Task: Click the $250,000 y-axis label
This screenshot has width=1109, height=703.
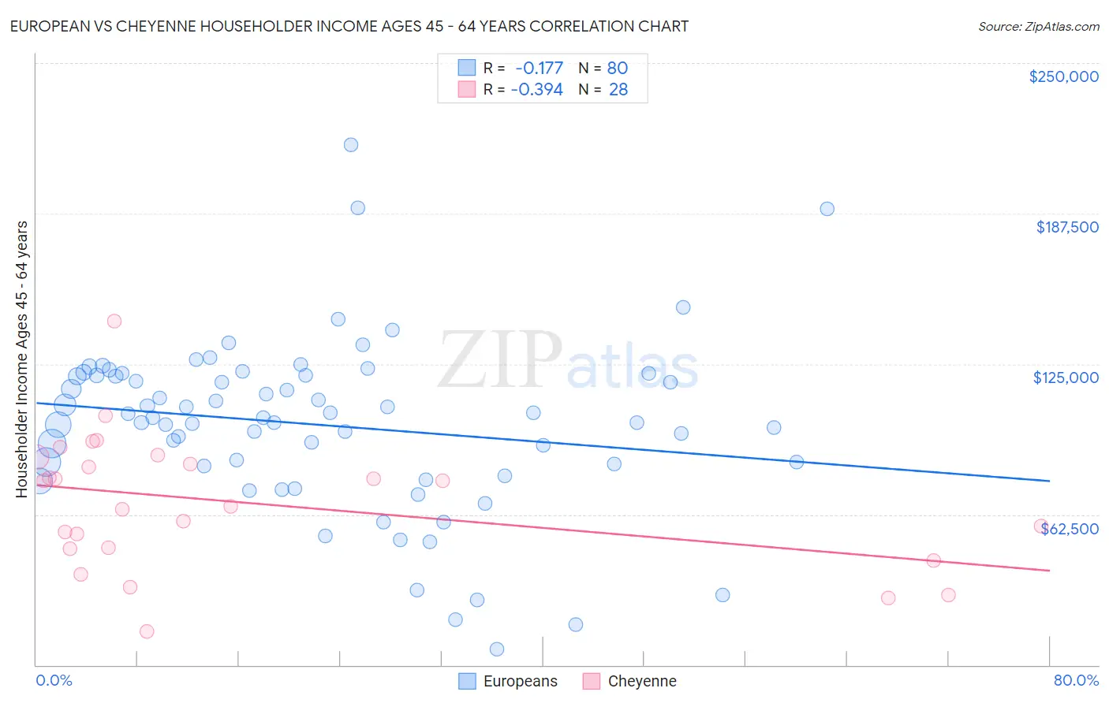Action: [x=1063, y=76]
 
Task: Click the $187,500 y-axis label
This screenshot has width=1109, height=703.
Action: [x=1066, y=227]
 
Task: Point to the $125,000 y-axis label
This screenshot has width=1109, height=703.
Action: [x=1066, y=378]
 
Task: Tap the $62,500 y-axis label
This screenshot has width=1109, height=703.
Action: [x=1070, y=529]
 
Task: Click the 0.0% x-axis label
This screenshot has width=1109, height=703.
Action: [x=54, y=680]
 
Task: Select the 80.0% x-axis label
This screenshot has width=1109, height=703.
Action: [x=1076, y=680]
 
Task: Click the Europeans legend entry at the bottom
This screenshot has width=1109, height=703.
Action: [x=519, y=681]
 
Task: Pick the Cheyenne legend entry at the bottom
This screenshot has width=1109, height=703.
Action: [x=641, y=681]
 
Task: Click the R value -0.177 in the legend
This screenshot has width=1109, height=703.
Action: [x=539, y=69]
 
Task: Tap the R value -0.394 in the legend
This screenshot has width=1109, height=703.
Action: [x=536, y=90]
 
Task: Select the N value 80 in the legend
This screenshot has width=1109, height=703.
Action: [x=617, y=69]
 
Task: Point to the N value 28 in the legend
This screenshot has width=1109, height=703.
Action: [x=618, y=90]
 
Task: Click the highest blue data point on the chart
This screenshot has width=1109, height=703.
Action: [x=351, y=145]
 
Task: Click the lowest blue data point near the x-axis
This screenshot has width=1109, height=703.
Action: [x=497, y=649]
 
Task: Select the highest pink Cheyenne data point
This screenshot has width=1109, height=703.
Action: [x=114, y=321]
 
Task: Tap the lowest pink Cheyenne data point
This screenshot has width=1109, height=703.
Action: [x=147, y=631]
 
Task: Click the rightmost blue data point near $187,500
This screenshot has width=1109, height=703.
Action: [x=827, y=209]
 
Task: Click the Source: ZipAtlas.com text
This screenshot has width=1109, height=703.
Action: [x=1038, y=27]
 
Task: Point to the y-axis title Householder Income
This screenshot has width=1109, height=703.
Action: [x=22, y=359]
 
